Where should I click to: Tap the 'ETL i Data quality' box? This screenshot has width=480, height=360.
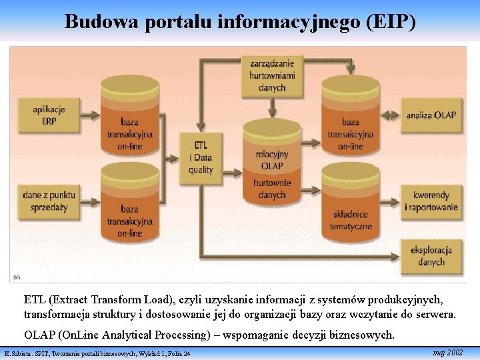[201, 157]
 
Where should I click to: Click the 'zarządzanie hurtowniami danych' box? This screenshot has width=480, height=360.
[271, 75]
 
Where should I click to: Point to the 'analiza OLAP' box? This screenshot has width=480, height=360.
[431, 115]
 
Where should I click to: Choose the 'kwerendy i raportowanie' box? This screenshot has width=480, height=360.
[431, 201]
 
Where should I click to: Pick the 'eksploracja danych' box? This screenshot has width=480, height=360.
[431, 256]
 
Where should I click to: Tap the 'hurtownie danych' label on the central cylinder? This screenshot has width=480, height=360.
[272, 189]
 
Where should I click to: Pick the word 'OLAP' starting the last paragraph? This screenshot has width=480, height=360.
[39, 335]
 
